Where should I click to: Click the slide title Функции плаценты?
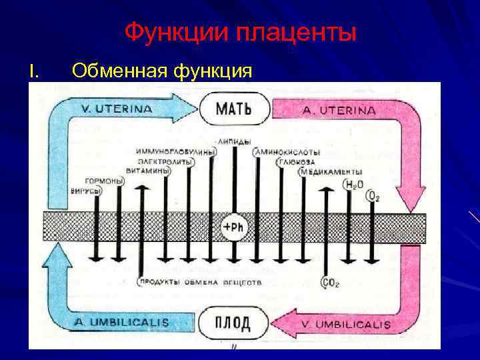click(x=241, y=32)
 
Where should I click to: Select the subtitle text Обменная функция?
click(x=161, y=70)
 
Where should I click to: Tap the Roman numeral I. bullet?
click(x=35, y=70)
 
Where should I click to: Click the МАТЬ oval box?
click(x=233, y=108)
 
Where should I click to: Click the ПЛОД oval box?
click(x=233, y=323)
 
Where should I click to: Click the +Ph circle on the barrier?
click(x=233, y=227)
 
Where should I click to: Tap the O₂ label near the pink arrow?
click(x=373, y=195)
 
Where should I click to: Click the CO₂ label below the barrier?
click(x=331, y=283)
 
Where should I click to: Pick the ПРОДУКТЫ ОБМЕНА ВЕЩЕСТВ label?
click(x=200, y=283)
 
